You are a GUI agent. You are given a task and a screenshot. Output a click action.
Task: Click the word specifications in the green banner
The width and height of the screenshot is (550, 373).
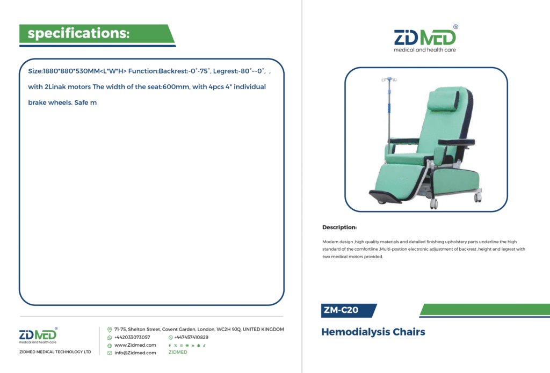click(x=78, y=33)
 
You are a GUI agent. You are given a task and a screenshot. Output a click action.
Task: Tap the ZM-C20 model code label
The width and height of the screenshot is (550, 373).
click(x=341, y=310)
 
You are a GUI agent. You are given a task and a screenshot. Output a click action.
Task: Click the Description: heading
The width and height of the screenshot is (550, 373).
click(x=339, y=227)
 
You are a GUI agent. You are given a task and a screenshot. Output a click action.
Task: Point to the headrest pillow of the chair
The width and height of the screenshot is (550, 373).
click(x=443, y=100)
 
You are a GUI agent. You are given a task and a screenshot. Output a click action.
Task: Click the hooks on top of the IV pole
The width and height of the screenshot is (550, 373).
click(x=389, y=79)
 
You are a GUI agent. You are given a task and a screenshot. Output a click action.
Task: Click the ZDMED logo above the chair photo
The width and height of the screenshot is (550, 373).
click(x=425, y=39)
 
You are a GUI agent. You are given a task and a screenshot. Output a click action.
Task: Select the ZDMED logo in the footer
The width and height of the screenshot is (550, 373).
click(x=38, y=335)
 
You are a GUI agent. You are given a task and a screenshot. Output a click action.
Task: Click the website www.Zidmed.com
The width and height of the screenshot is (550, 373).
click(x=135, y=345)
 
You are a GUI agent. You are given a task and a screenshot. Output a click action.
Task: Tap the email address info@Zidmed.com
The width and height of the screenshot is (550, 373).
click(x=135, y=353)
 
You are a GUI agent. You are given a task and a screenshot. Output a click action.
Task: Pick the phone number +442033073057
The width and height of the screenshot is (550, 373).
click(x=132, y=337)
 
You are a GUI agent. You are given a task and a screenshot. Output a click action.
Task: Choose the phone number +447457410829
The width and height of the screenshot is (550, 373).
click(x=191, y=337)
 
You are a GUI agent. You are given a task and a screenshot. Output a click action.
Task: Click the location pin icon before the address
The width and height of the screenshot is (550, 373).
click(x=110, y=330)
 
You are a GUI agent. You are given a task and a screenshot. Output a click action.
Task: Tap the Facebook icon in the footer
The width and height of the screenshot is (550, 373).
click(x=170, y=346)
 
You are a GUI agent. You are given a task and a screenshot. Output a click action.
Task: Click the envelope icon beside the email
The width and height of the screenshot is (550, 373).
click(x=110, y=353)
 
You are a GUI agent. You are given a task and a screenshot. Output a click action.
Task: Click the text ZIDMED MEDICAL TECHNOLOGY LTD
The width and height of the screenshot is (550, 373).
click(x=55, y=352)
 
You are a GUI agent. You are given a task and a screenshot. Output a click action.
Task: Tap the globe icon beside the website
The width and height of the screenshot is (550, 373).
click(x=110, y=346)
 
